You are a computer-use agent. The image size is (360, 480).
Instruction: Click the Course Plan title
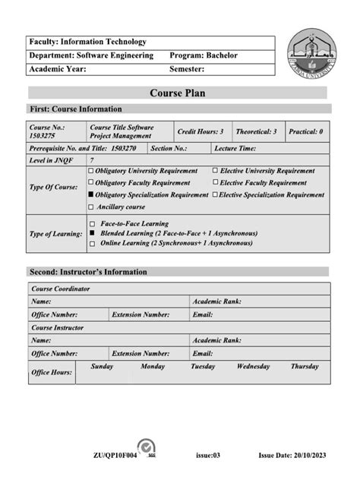pyautogui.click(x=177, y=93)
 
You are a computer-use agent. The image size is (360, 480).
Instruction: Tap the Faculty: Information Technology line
pyautogui.click(x=87, y=42)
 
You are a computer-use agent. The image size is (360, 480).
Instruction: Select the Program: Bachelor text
pyautogui.click(x=204, y=55)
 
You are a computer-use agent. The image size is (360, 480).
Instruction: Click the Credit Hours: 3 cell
pyautogui.click(x=200, y=131)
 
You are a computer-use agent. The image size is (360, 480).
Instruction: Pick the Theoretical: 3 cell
pyautogui.click(x=255, y=131)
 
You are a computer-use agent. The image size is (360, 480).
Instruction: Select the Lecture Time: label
pyautogui.click(x=235, y=149)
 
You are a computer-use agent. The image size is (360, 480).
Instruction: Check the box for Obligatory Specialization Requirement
pyautogui.click(x=91, y=195)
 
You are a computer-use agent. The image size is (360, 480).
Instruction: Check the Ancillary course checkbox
pyautogui.click(x=91, y=207)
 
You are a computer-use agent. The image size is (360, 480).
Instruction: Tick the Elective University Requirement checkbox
pyautogui.click(x=215, y=171)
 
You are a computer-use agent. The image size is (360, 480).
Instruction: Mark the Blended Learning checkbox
pyautogui.click(x=92, y=234)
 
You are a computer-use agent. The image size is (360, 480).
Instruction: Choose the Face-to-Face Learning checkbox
pyautogui.click(x=92, y=225)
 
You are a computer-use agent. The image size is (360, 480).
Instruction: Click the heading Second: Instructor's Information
pyautogui.click(x=88, y=272)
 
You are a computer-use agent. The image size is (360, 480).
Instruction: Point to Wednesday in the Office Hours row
pyautogui.click(x=253, y=366)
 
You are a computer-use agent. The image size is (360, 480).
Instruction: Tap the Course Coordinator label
pyautogui.click(x=61, y=289)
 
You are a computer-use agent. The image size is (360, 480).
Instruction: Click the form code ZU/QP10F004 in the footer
pyautogui.click(x=114, y=455)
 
